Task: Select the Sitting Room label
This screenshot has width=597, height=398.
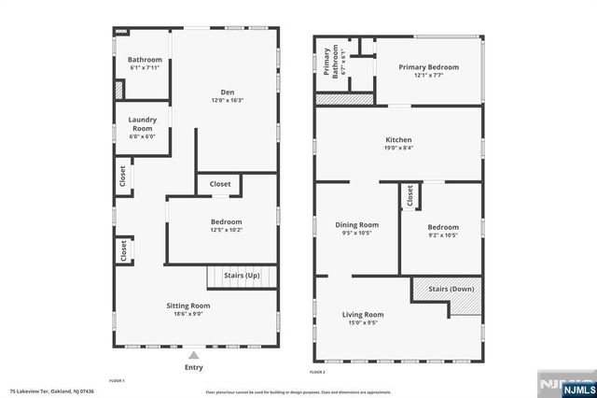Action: coord(187,306)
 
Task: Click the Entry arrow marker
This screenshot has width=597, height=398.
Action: coord(193,355)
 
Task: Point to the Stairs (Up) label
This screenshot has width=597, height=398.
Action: coord(242,277)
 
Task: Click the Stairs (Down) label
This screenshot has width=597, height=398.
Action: coord(451,289)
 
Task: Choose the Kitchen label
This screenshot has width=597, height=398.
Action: coord(398,140)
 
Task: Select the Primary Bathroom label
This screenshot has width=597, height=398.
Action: coord(329,61)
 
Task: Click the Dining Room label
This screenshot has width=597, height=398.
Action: coord(356,225)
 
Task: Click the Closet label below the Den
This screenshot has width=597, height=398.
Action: coord(220,184)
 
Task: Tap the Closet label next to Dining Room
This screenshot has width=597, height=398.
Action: coord(410,196)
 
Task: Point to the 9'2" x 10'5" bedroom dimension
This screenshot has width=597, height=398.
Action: coord(443,234)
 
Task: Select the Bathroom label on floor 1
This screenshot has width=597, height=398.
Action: coord(145,60)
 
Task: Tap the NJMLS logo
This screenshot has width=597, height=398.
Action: coord(564,384)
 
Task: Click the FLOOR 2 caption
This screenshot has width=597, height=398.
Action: coord(317,372)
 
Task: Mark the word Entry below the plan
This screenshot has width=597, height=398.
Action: coord(193,367)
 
